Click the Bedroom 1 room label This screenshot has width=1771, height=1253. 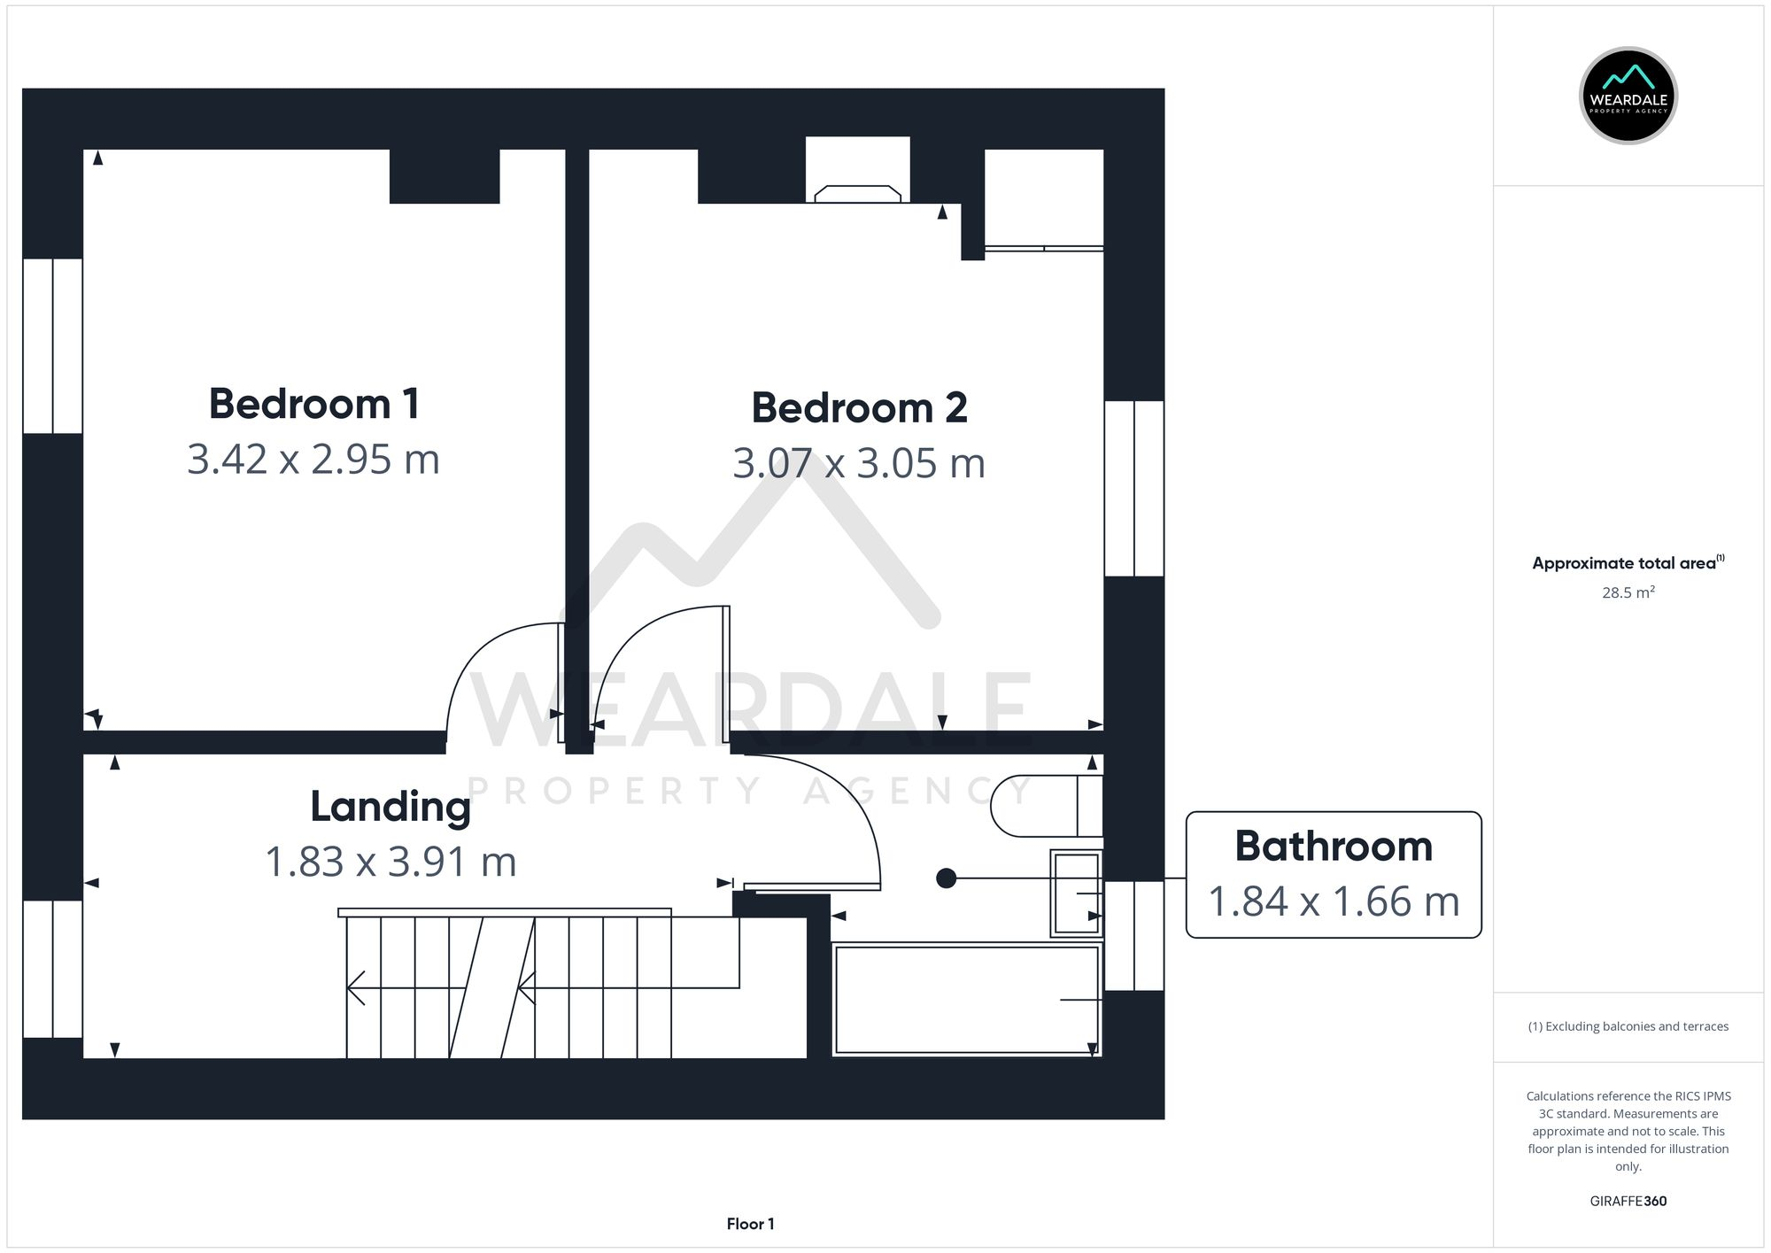(x=313, y=404)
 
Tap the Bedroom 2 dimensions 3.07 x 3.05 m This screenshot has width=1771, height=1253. (x=858, y=463)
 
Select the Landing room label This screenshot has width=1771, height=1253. (x=390, y=807)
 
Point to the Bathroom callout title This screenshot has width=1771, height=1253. (x=1333, y=846)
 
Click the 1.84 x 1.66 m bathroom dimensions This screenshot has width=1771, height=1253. (x=1333, y=901)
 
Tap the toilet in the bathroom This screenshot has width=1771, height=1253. (x=1045, y=806)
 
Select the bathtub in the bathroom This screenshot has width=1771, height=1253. (x=965, y=1000)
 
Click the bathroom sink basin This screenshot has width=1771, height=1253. (x=1076, y=893)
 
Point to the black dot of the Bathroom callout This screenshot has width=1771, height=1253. (x=946, y=878)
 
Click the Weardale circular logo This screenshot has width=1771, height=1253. (x=1628, y=96)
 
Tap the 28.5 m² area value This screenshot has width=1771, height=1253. (x=1628, y=592)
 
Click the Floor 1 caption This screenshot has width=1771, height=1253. (x=750, y=1224)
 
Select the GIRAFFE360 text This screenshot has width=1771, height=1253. (x=1628, y=1201)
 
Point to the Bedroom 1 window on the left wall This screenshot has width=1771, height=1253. (x=52, y=345)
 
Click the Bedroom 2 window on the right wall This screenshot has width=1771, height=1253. (x=1134, y=488)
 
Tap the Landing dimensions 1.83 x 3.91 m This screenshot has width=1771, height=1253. (x=390, y=862)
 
